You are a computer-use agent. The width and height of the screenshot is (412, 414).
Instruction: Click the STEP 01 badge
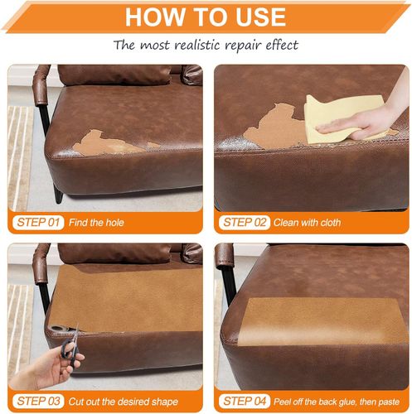(x=38, y=223)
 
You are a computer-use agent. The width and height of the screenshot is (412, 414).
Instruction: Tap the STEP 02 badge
(x=245, y=223)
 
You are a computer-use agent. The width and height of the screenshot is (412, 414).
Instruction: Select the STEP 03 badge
(x=38, y=401)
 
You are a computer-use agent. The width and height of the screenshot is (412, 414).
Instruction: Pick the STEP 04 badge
(x=245, y=401)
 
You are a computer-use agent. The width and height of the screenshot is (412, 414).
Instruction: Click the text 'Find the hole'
(x=96, y=223)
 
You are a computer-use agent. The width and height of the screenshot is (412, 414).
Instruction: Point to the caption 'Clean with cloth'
(x=307, y=223)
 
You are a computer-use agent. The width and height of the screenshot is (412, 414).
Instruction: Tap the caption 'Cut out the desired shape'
(x=124, y=402)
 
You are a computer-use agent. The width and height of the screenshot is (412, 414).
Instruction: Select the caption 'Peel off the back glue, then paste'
(x=337, y=402)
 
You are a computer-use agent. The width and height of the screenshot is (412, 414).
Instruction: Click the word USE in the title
(x=260, y=17)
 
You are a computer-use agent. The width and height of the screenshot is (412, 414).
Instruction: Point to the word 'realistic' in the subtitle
(x=197, y=45)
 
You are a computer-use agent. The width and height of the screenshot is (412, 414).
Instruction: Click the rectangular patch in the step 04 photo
(x=322, y=321)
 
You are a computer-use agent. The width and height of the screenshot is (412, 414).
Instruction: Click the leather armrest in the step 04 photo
(x=225, y=257)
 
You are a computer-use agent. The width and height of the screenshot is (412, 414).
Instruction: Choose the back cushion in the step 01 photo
(x=114, y=75)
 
